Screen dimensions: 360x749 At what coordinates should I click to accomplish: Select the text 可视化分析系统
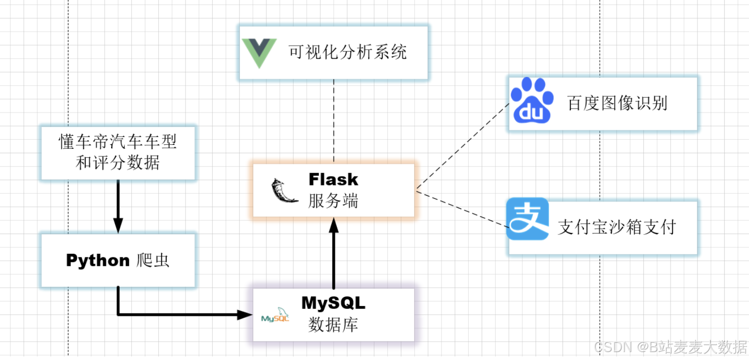click(348, 52)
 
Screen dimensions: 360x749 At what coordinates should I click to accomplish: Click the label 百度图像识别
click(617, 103)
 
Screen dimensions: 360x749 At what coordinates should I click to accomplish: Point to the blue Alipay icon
click(527, 219)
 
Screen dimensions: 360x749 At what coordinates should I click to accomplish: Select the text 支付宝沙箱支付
click(617, 227)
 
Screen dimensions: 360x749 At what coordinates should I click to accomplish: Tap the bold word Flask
click(333, 179)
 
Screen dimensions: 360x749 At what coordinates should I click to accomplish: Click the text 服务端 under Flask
click(333, 201)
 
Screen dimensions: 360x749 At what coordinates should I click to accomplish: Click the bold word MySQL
click(333, 303)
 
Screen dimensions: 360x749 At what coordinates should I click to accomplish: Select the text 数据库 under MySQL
click(333, 325)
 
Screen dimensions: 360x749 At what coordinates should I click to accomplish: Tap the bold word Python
click(98, 260)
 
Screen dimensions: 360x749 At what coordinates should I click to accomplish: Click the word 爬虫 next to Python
click(153, 260)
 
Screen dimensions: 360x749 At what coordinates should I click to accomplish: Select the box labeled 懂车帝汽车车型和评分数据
click(118, 153)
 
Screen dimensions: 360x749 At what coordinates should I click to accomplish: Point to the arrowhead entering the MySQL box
click(245, 314)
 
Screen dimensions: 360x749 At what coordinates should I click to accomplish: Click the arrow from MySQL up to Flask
click(333, 258)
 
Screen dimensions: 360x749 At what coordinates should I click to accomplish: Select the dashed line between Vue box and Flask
click(333, 121)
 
